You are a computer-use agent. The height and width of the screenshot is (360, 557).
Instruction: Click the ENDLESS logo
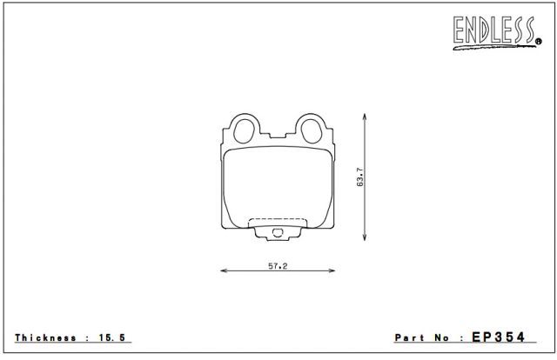496,32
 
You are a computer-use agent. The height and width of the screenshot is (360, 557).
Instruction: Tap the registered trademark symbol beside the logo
539,42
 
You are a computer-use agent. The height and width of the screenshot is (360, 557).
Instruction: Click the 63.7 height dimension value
360,177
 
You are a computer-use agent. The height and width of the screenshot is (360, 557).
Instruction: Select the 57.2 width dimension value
278,265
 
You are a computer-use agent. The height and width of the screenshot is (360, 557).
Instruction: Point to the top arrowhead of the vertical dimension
365,117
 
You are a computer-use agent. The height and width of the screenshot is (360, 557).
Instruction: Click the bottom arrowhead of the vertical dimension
365,237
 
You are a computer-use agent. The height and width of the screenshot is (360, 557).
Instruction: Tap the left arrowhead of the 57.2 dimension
225,270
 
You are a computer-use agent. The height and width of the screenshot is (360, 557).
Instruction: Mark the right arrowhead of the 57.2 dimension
331,270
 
